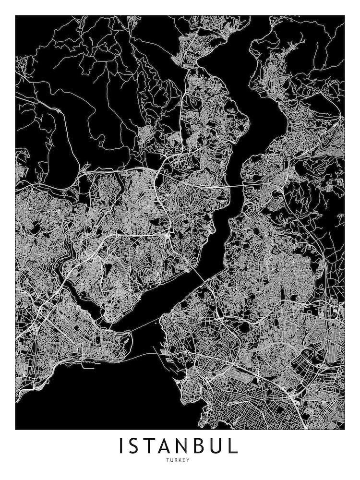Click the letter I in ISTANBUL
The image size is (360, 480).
tap(121, 446)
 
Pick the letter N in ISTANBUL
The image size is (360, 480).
tap(190, 446)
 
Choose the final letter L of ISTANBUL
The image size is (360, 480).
tap(235, 446)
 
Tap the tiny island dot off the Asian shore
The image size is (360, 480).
tap(156, 323)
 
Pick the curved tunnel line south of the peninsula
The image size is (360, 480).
tap(139, 356)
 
